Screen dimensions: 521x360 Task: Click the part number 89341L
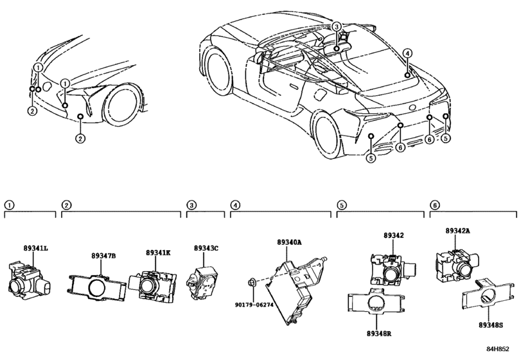tap(35, 248)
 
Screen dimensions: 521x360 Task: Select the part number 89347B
tap(103, 256)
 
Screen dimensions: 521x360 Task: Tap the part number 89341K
tap(158, 253)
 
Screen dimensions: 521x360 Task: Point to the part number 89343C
tap(206, 248)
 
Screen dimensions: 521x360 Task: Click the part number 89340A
tap(289, 242)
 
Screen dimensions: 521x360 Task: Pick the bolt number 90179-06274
tap(254, 304)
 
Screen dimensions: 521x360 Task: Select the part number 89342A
tap(458, 230)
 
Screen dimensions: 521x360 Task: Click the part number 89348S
tap(491, 325)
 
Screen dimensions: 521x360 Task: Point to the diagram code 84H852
tap(498, 348)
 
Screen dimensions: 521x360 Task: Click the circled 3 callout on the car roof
tap(336, 26)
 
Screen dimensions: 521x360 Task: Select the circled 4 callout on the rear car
tap(408, 53)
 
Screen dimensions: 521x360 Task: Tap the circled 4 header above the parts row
tap(235, 205)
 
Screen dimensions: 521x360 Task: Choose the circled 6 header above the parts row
tap(434, 205)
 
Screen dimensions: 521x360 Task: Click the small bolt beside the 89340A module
tap(251, 283)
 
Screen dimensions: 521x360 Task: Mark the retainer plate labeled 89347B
tap(97, 287)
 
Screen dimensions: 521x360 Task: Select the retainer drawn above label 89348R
tap(376, 301)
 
